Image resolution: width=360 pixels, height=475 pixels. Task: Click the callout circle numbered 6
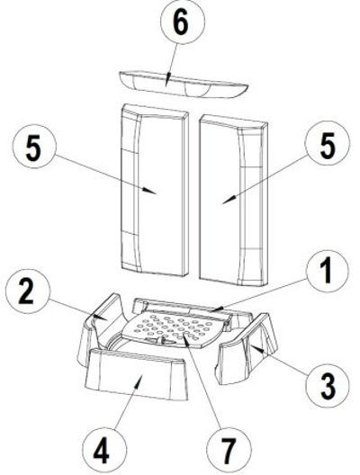(183, 22)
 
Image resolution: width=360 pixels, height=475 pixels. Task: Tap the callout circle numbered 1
(328, 271)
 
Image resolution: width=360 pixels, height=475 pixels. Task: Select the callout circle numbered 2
(28, 291)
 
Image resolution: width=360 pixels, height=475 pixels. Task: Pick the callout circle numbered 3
(328, 385)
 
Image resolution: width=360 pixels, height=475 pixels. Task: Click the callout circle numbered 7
(229, 450)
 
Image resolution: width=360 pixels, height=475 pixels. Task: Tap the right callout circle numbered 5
(328, 143)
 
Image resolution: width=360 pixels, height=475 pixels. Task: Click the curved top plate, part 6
(184, 85)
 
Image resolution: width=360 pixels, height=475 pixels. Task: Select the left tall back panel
(155, 190)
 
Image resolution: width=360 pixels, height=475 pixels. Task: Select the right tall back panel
(233, 201)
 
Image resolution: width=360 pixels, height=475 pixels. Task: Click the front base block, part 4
(137, 374)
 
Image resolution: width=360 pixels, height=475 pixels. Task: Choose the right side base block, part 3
(246, 348)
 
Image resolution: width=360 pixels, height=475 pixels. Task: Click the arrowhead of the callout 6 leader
(168, 76)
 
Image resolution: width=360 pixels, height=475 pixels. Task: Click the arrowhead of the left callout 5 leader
(150, 191)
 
